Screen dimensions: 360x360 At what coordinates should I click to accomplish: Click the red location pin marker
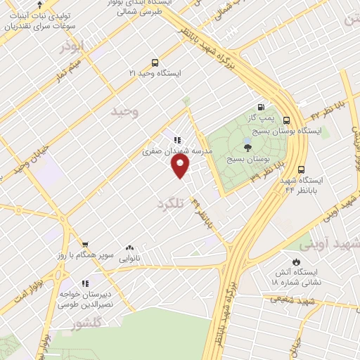point(181,166)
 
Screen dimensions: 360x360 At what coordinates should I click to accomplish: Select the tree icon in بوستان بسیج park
point(247,147)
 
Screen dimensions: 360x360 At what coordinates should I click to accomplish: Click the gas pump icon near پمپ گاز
point(262,108)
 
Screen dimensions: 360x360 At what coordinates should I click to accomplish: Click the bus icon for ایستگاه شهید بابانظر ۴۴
point(302,169)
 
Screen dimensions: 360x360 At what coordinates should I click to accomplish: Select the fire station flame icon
point(296,261)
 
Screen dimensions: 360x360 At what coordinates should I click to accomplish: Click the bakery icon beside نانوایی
point(129,248)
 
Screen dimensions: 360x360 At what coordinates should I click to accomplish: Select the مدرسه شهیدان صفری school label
point(168,150)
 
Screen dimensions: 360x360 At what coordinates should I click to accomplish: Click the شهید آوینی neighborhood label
point(331,244)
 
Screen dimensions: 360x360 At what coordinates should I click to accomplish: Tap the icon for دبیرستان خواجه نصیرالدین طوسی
point(84,283)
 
